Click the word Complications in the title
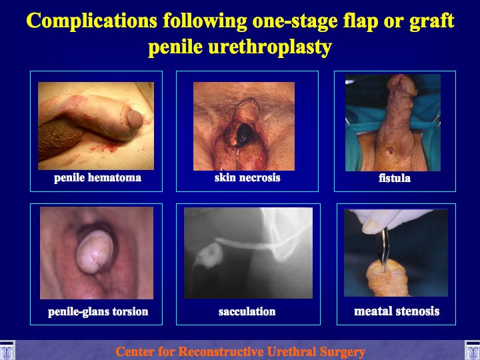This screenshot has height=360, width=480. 92,21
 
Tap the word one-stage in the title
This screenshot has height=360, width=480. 295,21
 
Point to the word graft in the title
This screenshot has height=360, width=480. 431,21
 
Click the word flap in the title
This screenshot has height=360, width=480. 360,21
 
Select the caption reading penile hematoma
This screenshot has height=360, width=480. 97,178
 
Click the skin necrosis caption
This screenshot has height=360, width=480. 247,177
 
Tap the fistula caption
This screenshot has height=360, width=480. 395,178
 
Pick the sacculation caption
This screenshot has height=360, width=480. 247,311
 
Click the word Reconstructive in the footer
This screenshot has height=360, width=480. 221,351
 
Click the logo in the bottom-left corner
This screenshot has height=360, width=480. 7,351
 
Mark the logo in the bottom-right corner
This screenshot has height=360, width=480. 473,351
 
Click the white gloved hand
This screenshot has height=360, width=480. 389,220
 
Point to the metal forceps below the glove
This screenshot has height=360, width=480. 383,249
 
